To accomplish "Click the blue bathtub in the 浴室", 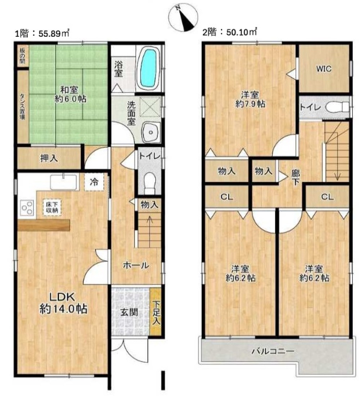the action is pos(149,68).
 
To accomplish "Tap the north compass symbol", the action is pos(183,17).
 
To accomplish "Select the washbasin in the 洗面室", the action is pos(151,133).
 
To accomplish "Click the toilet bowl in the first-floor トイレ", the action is pos(149,180).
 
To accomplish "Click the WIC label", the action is pos(324,68).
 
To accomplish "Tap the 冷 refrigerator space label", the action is pos(94,182).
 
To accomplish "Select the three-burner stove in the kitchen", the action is pos(27,208).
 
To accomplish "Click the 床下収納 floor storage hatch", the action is pos(52,207).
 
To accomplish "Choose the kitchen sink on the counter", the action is pos(63,182).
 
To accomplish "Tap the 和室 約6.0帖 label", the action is pos(70,94).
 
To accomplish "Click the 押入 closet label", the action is pos(49,159).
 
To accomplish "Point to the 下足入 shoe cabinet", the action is pos(156,312).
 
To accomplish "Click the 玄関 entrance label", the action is pos(129,312).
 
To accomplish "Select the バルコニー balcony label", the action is pos(273,351).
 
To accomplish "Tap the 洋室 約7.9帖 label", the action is pos(250,99).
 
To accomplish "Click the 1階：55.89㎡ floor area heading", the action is pos(42,33).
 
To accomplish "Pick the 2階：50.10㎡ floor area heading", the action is pos(229,32).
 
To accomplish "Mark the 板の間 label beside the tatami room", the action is pos(23,56).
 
